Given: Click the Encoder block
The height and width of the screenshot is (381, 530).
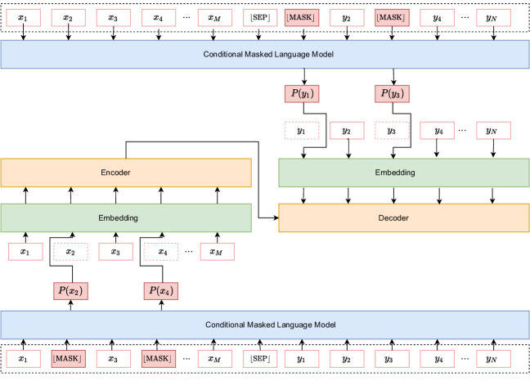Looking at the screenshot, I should (126, 173).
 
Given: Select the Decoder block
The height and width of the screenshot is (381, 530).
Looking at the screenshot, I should (404, 218).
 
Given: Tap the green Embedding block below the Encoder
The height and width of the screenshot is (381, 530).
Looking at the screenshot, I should (126, 218).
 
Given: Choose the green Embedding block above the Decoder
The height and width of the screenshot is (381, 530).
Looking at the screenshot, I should (404, 173).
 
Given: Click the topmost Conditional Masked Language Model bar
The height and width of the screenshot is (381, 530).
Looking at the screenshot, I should (265, 54).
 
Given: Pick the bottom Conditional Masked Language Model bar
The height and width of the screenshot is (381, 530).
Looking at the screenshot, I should (265, 325).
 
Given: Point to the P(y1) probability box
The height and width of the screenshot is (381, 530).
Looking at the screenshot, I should (302, 93).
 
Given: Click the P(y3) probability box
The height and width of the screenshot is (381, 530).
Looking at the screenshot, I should (392, 93).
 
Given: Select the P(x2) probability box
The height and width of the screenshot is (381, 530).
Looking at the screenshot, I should (71, 291).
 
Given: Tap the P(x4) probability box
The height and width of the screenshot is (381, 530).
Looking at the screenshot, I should (161, 291).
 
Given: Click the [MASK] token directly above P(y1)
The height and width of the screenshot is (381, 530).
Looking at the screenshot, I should (302, 17).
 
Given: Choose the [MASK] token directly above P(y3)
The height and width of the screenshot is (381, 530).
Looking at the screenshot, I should (392, 17).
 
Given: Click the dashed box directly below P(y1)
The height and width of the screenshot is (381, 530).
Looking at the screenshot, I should (302, 130).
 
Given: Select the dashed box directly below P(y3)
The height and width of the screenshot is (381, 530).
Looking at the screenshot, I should (392, 130).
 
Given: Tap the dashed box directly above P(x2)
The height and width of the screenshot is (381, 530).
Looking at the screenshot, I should (71, 252).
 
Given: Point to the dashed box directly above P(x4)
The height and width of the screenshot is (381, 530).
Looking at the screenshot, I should (161, 252).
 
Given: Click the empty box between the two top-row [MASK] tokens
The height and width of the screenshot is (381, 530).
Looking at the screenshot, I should (347, 17).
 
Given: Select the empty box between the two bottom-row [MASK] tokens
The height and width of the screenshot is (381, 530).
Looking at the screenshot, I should (114, 358).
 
